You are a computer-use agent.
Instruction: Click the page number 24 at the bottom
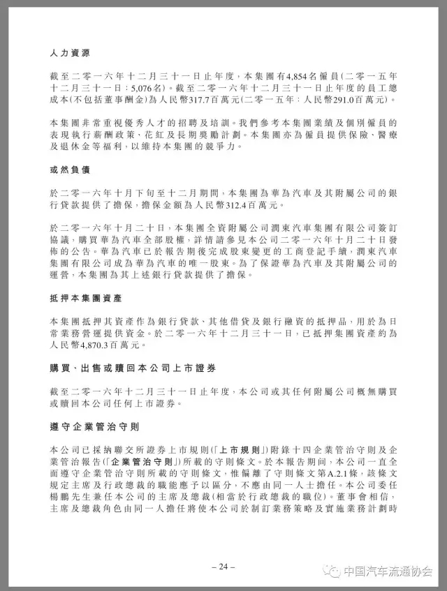point(223,567)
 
